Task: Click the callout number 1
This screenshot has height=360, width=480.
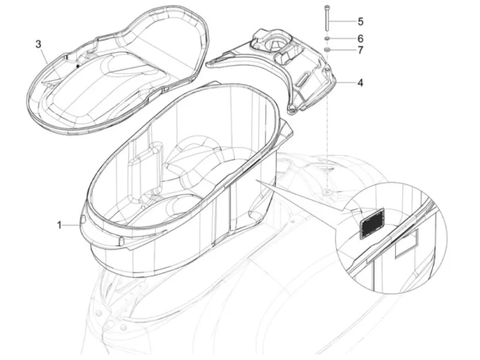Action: click(x=59, y=226)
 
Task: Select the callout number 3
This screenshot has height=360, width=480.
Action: click(x=38, y=44)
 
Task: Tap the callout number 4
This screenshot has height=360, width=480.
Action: click(x=361, y=83)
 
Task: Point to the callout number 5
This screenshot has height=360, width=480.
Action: click(x=361, y=22)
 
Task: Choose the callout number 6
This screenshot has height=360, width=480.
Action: click(x=361, y=38)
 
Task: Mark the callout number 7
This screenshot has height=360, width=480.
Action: click(x=361, y=50)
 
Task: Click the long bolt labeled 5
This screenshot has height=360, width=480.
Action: click(x=327, y=18)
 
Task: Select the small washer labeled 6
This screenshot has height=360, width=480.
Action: click(x=327, y=38)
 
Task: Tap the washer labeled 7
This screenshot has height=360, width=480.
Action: click(x=327, y=50)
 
